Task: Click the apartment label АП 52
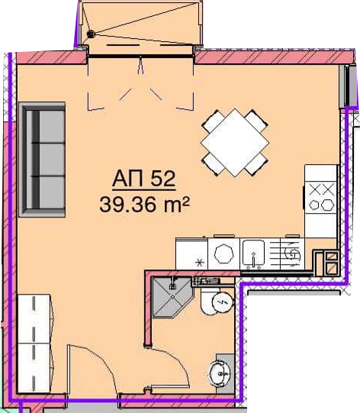143,179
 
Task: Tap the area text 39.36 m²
144,205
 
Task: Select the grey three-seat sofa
42,160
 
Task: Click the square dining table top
235,143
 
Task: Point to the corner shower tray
172,297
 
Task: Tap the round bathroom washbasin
220,373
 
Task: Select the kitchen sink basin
253,253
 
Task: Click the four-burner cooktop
321,197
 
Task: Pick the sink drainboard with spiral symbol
292,253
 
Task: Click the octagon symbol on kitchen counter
223,253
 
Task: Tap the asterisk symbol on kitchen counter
200,263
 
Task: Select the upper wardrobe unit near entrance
34,318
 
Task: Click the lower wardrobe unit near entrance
34,368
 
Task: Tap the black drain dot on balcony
91,34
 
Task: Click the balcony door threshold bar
140,56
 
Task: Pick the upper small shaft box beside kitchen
332,256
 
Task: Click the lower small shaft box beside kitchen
332,269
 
